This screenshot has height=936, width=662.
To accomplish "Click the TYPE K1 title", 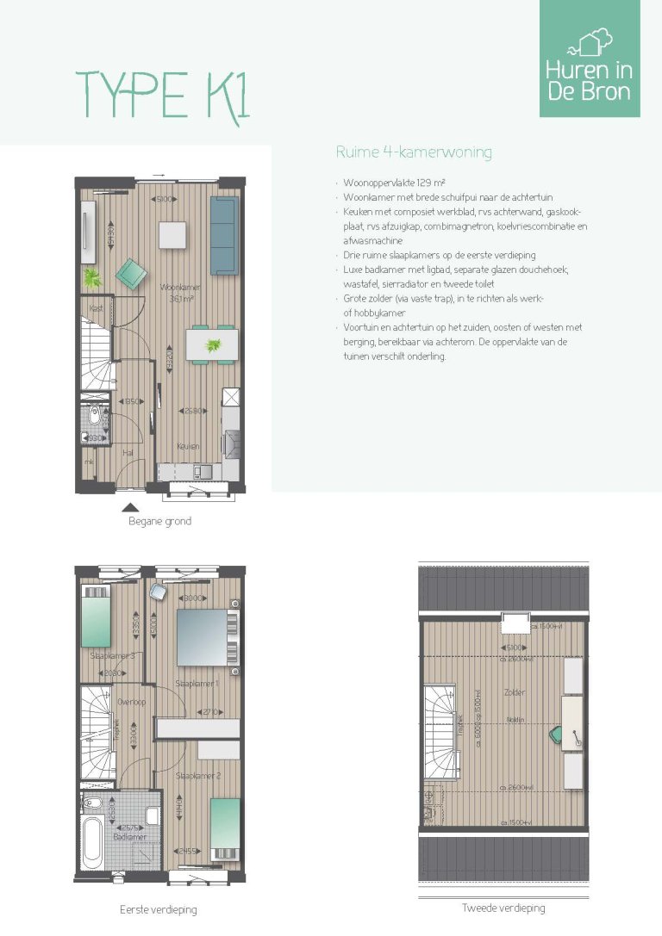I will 163,94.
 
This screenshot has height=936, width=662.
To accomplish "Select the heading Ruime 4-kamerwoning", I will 413,153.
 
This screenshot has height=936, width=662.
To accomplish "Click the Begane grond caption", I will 159,521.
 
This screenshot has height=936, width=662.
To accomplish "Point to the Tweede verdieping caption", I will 503,908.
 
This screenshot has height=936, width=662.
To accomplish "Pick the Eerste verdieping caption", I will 159,909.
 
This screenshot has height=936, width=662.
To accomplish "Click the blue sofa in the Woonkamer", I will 223,224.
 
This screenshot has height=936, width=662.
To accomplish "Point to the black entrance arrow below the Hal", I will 130,507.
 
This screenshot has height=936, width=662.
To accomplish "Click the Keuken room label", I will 188,446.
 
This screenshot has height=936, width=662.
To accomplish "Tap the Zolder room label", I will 515,692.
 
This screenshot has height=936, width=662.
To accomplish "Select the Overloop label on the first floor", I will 131,702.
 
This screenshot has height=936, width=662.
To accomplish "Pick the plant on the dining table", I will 212,346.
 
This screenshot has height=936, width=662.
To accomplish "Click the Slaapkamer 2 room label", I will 198,776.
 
